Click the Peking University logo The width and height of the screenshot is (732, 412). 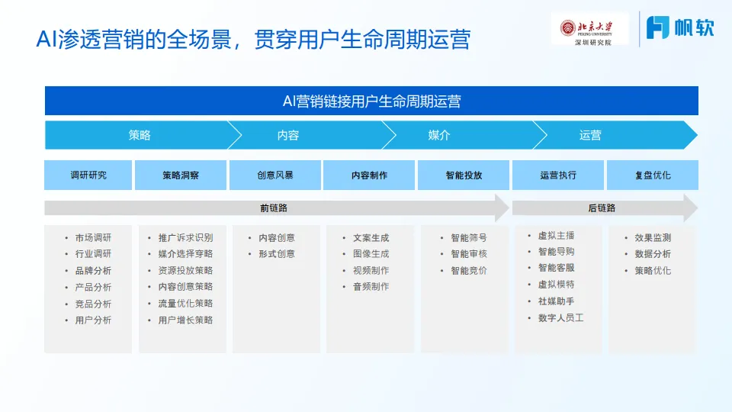coord(589,30)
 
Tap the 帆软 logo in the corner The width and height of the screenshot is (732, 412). coord(680,28)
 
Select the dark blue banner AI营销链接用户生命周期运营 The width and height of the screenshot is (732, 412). coord(371,101)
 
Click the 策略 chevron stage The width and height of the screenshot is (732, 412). coord(140,135)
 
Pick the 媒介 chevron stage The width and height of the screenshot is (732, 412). coord(439,135)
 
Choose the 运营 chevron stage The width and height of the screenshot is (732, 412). coord(590,135)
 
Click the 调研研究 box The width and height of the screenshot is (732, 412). coord(88,175)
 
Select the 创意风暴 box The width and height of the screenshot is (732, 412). coord(274,175)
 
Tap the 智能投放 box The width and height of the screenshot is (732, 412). coord(464,175)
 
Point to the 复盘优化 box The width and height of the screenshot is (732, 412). coord(653,175)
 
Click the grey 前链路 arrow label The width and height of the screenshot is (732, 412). coord(274,208)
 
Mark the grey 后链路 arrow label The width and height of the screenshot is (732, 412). coord(602,208)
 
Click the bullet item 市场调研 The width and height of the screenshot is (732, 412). coord(93,237)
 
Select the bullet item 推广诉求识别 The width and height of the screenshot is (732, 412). coord(185,237)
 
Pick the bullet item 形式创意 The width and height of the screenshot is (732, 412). coord(277,254)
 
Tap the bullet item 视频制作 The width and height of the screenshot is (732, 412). coord(371,270)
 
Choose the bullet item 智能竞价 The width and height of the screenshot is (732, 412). coord(468,270)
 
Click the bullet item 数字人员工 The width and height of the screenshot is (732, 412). coord(560,317)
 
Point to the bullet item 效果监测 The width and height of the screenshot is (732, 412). coord(653,237)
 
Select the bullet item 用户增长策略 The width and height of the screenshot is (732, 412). coord(185,320)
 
